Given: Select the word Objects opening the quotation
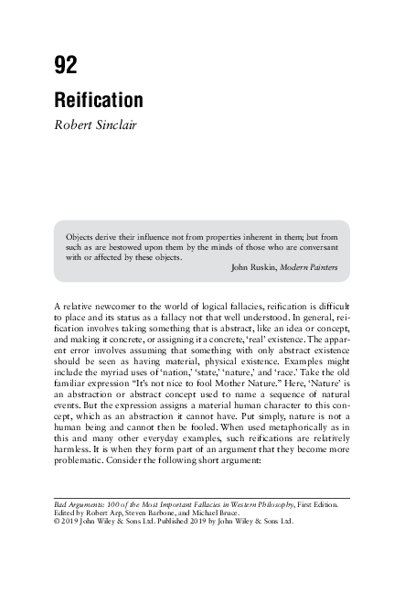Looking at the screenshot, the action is coord(81,234).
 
